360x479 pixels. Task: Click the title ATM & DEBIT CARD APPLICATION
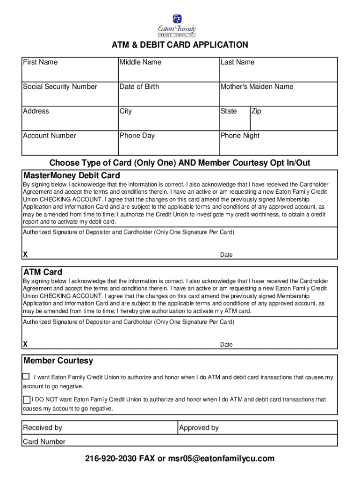(180, 45)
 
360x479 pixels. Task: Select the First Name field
(70, 70)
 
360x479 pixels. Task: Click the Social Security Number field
(70, 94)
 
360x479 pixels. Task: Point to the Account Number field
(70, 143)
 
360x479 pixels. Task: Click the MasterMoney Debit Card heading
(72, 175)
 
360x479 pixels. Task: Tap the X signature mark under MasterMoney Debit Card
(25, 254)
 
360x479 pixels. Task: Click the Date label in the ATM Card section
(226, 345)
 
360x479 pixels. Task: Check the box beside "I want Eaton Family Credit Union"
(26, 377)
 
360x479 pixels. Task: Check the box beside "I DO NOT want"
(27, 399)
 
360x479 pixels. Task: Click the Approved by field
(257, 428)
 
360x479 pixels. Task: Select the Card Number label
(44, 442)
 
